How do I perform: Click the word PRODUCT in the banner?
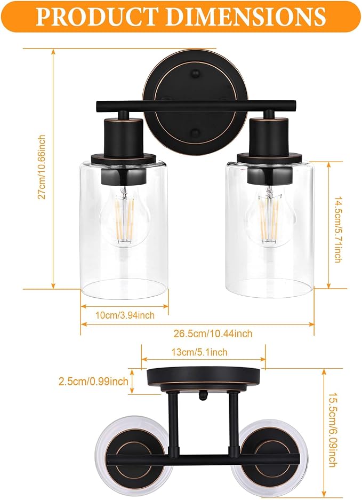click(x=97, y=16)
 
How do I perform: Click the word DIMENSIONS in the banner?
click(x=246, y=16)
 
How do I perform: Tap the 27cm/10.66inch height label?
click(x=42, y=167)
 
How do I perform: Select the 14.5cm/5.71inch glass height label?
click(x=337, y=229)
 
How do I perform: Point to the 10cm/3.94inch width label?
click(x=125, y=315)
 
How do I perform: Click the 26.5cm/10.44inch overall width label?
click(x=213, y=334)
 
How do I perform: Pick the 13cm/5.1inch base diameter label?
click(x=199, y=352)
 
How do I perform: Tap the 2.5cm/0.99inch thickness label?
click(x=93, y=381)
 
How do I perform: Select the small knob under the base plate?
click(x=203, y=396)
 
